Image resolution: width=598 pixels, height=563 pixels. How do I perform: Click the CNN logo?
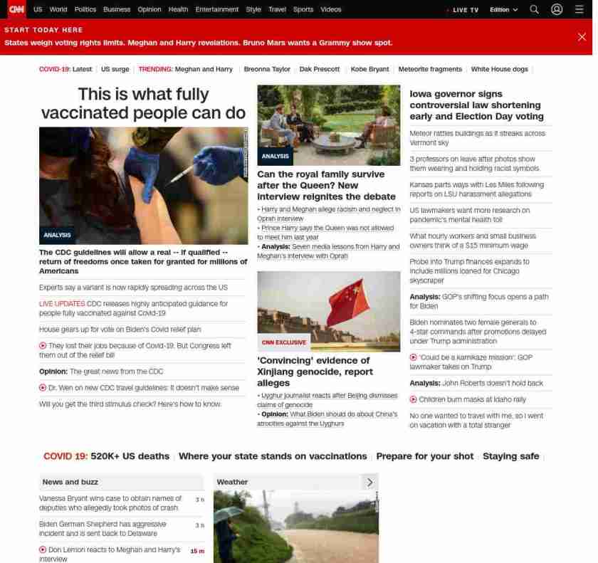(16, 9)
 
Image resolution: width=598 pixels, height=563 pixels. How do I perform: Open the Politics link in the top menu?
(85, 10)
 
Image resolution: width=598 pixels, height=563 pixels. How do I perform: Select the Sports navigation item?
(303, 10)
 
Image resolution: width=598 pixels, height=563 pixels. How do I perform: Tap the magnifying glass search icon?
(535, 9)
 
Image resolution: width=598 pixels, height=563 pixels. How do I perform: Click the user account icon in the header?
(557, 9)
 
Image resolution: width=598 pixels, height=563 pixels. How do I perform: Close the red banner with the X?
(582, 37)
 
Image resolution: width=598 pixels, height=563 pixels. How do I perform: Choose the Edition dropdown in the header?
(504, 10)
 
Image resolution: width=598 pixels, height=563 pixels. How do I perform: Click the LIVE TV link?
(463, 10)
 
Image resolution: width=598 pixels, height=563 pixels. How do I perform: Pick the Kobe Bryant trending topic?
(369, 69)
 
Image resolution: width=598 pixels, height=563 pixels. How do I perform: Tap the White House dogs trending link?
(499, 69)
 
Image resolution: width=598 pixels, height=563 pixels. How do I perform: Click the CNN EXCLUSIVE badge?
(284, 342)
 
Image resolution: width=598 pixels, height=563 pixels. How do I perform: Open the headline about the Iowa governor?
(476, 105)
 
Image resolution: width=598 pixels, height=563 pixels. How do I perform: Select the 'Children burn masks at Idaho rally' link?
(472, 399)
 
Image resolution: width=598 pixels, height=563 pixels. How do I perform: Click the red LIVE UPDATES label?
(61, 303)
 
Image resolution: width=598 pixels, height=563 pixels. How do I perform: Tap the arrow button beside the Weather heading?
(369, 482)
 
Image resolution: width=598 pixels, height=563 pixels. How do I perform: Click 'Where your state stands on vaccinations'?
(273, 456)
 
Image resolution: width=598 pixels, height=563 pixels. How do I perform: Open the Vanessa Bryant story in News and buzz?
(110, 503)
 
